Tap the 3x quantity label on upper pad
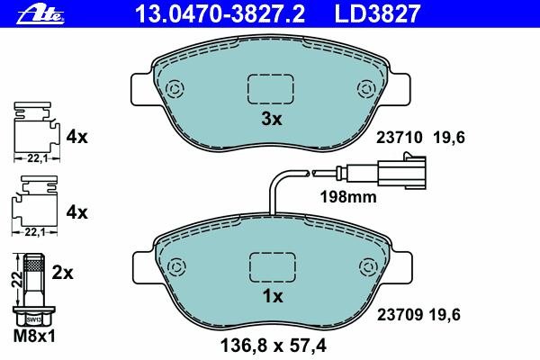[272, 119]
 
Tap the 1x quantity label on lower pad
[272, 296]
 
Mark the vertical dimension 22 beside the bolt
[15, 280]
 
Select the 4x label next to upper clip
[76, 137]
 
